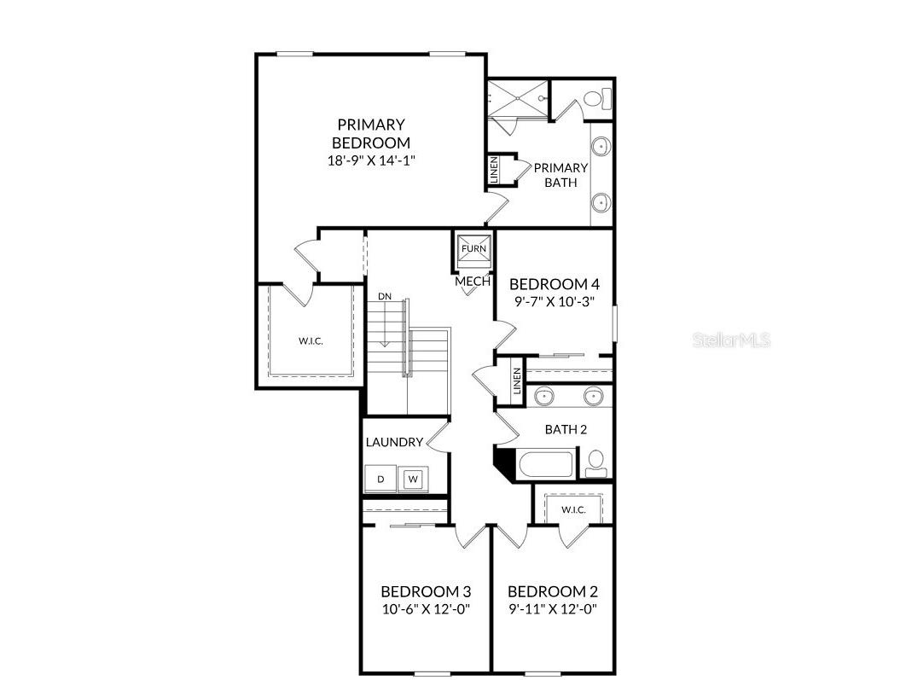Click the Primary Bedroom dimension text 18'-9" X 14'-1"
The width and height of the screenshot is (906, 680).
(x=370, y=160)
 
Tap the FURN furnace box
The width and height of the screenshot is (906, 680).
(x=473, y=249)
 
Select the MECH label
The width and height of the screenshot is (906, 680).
(x=473, y=281)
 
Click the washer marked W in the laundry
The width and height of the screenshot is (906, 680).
(x=414, y=479)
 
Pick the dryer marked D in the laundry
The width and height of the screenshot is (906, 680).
(x=380, y=479)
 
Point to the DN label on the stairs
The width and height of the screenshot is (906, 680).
(x=385, y=296)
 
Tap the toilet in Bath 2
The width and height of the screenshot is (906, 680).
(x=595, y=462)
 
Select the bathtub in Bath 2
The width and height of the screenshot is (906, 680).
(x=547, y=465)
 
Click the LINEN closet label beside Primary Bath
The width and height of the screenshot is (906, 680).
(x=495, y=170)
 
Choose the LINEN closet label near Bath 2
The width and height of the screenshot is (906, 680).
(x=517, y=381)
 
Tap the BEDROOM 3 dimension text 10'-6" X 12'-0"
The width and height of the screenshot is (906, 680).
(x=426, y=609)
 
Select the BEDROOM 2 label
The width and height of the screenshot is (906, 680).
(x=552, y=591)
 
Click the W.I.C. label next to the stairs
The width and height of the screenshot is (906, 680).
(x=311, y=341)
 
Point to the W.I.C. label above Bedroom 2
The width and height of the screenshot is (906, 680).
(x=573, y=509)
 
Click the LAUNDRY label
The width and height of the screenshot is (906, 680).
(x=394, y=442)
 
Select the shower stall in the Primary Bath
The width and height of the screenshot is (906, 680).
(x=516, y=99)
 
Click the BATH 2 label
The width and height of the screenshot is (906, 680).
(x=566, y=429)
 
